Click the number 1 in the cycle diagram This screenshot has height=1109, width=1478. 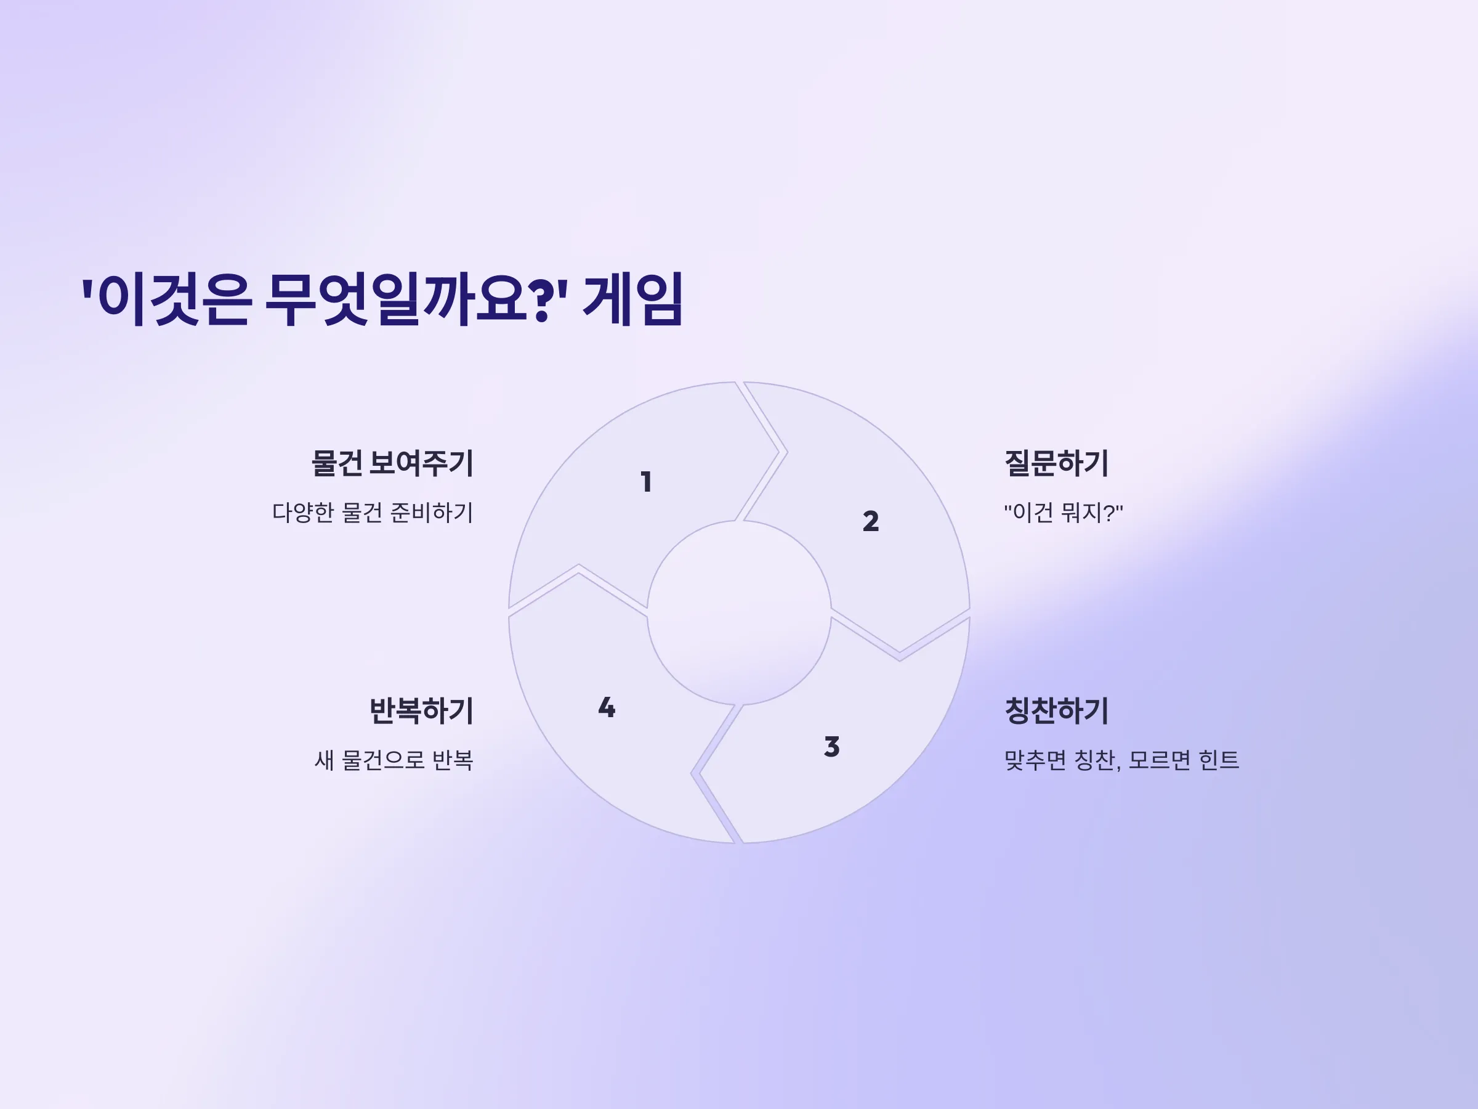coord(646,482)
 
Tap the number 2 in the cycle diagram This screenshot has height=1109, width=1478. coord(871,521)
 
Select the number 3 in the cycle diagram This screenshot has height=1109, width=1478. coord(832,747)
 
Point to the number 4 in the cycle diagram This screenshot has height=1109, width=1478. coord(607,707)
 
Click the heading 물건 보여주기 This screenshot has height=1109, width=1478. coord(392,463)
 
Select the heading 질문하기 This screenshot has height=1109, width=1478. coord(1056,463)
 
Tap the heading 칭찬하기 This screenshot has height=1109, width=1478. coord(1056,710)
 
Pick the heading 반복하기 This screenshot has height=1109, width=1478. coord(422,710)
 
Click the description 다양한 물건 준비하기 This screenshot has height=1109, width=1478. coord(373,513)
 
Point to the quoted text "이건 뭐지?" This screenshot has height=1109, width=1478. coord(1064,513)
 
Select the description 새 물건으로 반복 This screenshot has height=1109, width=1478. coord(394,760)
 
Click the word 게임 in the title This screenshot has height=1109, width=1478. coord(632,299)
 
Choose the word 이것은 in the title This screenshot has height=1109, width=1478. coord(174,299)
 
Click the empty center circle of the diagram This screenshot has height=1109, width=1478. coord(739,612)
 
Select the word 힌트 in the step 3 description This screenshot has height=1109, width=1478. coord(1219,760)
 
